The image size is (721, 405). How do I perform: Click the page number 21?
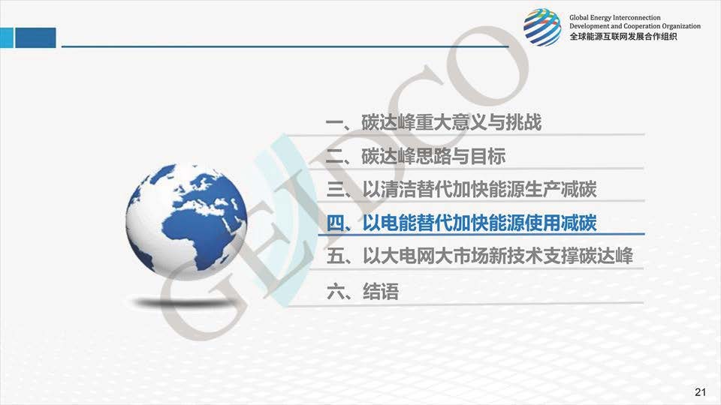click(x=700, y=391)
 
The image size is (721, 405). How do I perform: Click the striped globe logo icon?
click(x=542, y=27)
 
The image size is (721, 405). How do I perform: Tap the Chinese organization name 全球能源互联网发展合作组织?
click(x=623, y=37)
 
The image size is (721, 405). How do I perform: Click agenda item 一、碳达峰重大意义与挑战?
click(x=433, y=122)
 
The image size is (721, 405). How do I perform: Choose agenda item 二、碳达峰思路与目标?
click(x=415, y=156)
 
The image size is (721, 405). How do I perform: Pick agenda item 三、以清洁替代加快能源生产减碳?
click(x=461, y=190)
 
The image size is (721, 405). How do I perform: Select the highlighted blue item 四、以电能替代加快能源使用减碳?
click(x=461, y=223)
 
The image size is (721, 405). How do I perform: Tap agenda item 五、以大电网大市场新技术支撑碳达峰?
click(x=480, y=256)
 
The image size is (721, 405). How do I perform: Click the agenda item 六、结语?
click(x=362, y=291)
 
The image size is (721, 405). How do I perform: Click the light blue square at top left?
click(x=7, y=37)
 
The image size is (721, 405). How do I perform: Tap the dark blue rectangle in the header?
click(x=35, y=37)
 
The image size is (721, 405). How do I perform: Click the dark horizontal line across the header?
click(x=285, y=46)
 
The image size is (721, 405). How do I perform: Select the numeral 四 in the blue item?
click(x=335, y=223)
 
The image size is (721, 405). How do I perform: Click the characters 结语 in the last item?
click(x=381, y=291)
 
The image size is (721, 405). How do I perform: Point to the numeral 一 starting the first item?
click(x=334, y=122)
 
